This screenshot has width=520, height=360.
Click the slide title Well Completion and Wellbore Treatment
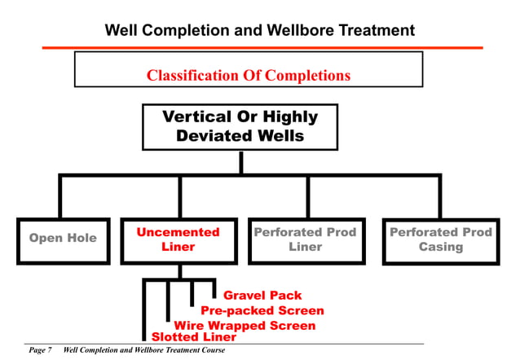pyautogui.click(x=260, y=31)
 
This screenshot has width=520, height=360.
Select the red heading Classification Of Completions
pyautogui.click(x=248, y=76)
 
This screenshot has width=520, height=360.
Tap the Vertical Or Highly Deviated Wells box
pyautogui.click(x=240, y=126)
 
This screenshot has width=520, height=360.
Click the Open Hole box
pyautogui.click(x=63, y=239)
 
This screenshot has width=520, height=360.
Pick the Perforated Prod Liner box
pyautogui.click(x=306, y=239)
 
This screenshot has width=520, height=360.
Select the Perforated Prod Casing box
pyautogui.click(x=440, y=239)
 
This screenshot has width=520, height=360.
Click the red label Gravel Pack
pyautogui.click(x=262, y=296)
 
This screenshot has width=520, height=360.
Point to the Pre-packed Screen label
pyautogui.click(x=262, y=310)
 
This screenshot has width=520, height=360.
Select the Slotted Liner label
pyautogui.click(x=194, y=336)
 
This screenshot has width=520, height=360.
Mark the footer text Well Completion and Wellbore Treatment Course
pyautogui.click(x=143, y=350)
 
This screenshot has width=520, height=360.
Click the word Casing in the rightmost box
pyautogui.click(x=440, y=247)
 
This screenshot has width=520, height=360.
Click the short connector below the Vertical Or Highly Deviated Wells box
pyautogui.click(x=240, y=162)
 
